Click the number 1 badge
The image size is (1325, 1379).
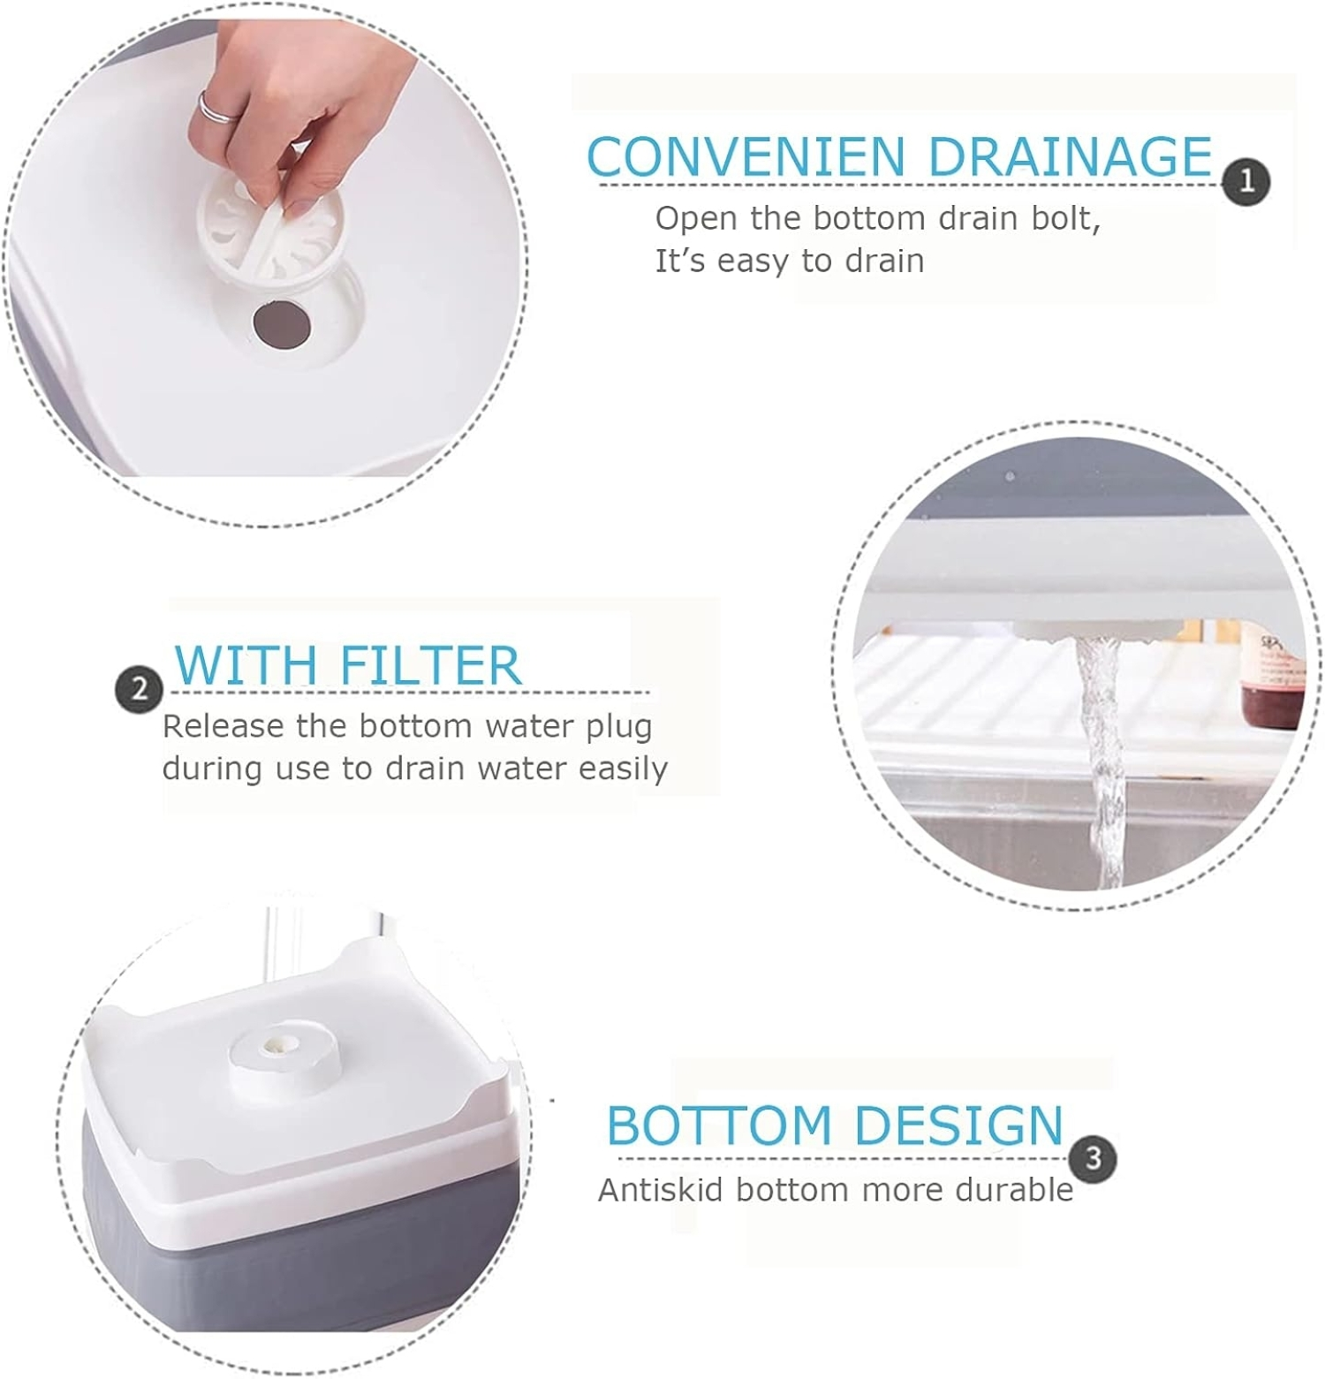tap(1246, 181)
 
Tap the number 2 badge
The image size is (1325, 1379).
tap(140, 689)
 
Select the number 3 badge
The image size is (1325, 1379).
tap(1093, 1158)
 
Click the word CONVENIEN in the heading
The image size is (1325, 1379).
tap(746, 157)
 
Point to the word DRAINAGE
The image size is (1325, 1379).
tap(1070, 157)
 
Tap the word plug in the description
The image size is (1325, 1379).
tap(618, 727)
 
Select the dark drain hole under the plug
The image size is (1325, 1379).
tap(282, 325)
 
